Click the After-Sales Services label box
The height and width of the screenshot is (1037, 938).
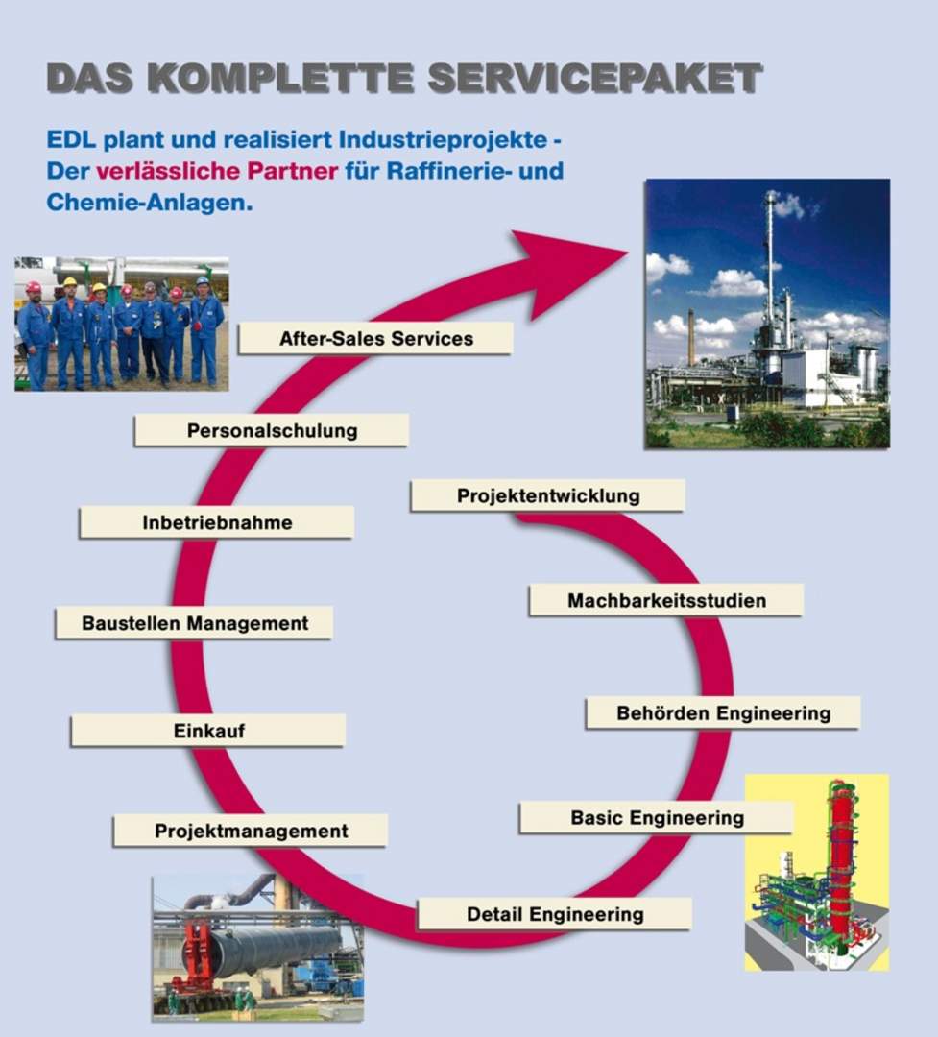[x=375, y=338]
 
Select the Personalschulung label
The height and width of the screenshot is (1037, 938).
[x=271, y=430]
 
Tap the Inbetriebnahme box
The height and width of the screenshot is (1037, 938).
[x=216, y=522]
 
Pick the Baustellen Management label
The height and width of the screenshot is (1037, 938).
[x=194, y=623]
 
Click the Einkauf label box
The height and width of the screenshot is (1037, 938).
[x=208, y=731]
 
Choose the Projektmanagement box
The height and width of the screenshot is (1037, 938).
[x=250, y=831]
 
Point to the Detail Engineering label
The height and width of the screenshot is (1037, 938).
[x=554, y=914]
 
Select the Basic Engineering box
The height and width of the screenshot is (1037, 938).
[x=656, y=818]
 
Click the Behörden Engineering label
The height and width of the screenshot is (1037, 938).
[x=723, y=712]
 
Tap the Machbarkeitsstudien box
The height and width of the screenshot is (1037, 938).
[x=666, y=600]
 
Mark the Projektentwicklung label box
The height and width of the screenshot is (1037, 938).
[x=547, y=496]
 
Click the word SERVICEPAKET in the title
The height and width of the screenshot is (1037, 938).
[x=594, y=78]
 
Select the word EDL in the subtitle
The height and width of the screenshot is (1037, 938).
[x=71, y=139]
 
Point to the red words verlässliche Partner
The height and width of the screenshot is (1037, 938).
[x=217, y=171]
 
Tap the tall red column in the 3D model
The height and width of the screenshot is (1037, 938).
[x=841, y=859]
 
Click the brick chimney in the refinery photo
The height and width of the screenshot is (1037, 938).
[x=690, y=337]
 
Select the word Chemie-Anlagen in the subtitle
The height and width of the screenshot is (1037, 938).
[x=150, y=203]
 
